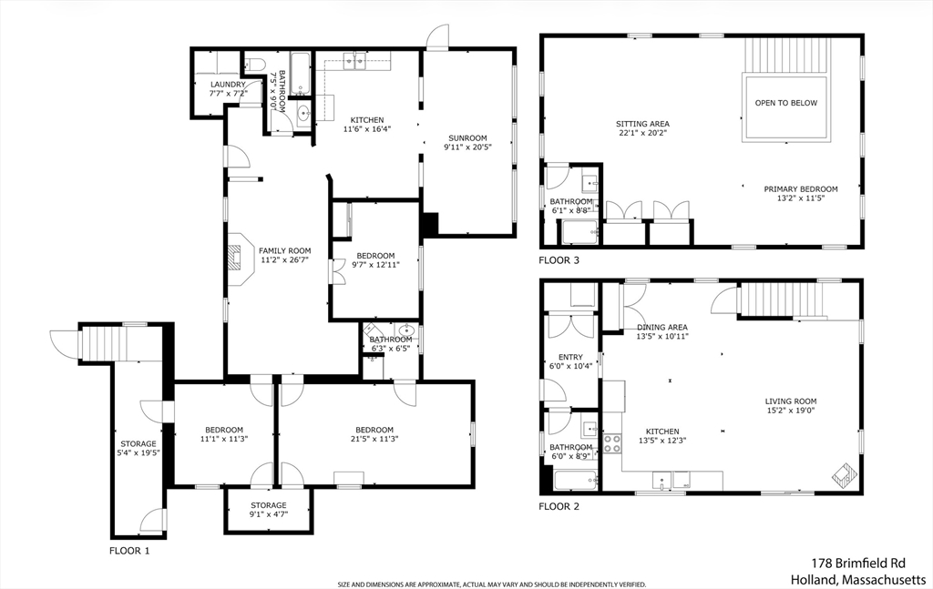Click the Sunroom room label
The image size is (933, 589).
467,137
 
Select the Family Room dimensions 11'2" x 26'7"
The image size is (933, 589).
284,259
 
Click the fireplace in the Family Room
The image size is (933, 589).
237,259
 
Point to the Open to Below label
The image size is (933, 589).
786,103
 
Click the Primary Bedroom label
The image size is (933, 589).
800,189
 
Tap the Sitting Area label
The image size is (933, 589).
642,124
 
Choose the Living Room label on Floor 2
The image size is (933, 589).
790,401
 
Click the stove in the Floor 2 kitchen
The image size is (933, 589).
612,444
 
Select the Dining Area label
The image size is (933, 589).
662,327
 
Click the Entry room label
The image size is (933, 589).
570,357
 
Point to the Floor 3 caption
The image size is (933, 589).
559,260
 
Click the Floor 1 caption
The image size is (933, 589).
129,551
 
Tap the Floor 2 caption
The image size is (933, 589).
559,506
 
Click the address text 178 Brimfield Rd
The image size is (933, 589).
858,563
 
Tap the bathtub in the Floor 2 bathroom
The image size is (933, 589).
576,481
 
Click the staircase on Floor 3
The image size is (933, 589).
786,56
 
